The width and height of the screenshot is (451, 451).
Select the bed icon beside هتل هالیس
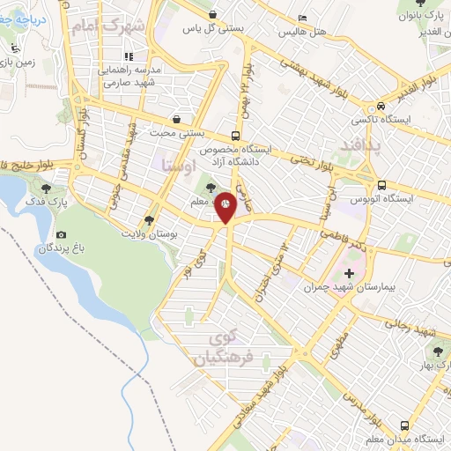(x=303, y=18)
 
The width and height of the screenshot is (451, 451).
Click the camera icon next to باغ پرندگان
(x=61, y=235)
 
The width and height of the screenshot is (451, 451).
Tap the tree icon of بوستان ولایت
(x=149, y=221)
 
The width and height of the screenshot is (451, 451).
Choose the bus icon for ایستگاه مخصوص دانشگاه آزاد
(x=235, y=137)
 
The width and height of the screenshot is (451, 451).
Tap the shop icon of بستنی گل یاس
(x=213, y=14)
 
